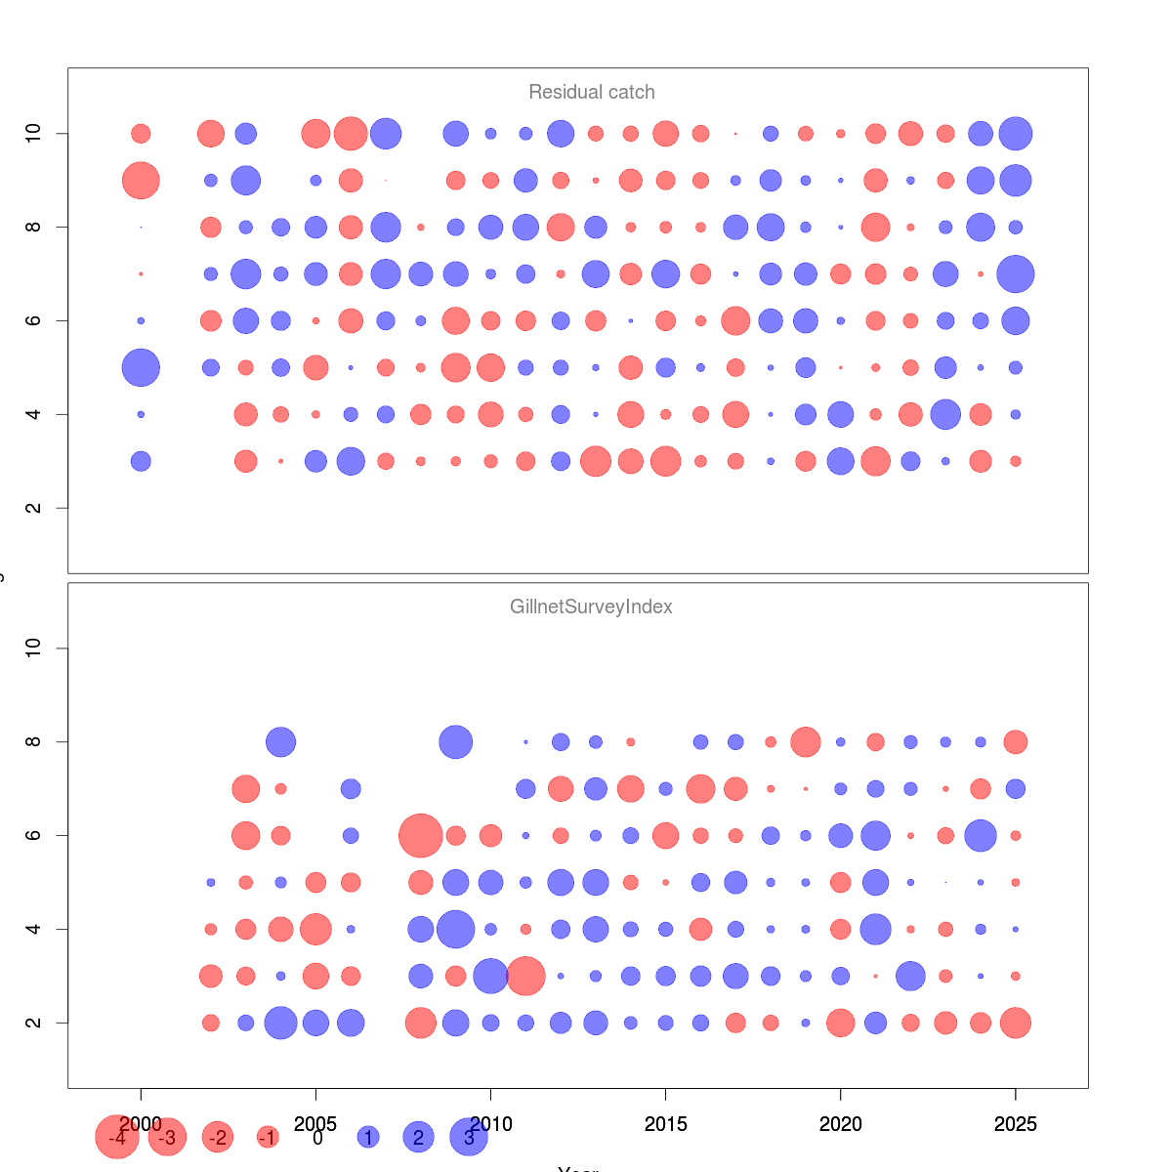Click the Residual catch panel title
click(591, 92)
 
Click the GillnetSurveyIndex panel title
click(591, 607)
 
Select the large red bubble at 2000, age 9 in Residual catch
click(141, 181)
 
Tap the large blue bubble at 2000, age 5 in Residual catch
click(141, 368)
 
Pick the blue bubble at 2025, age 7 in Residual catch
click(1016, 274)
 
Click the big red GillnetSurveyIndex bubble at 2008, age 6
click(421, 836)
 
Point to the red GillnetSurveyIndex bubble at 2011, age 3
click(525, 976)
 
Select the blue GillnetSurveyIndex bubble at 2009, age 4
click(456, 929)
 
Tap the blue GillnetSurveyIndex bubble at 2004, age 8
click(280, 742)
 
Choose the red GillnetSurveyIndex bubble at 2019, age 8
click(806, 742)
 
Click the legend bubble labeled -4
click(117, 1138)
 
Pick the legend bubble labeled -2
click(218, 1138)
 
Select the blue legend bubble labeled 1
click(368, 1138)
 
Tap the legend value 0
click(317, 1138)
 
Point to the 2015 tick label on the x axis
click(665, 1124)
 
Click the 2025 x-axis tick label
click(1016, 1124)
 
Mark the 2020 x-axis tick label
click(840, 1124)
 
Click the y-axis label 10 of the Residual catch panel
click(34, 133)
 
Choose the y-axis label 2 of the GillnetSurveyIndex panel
click(34, 1023)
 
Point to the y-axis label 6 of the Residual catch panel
click(34, 320)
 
